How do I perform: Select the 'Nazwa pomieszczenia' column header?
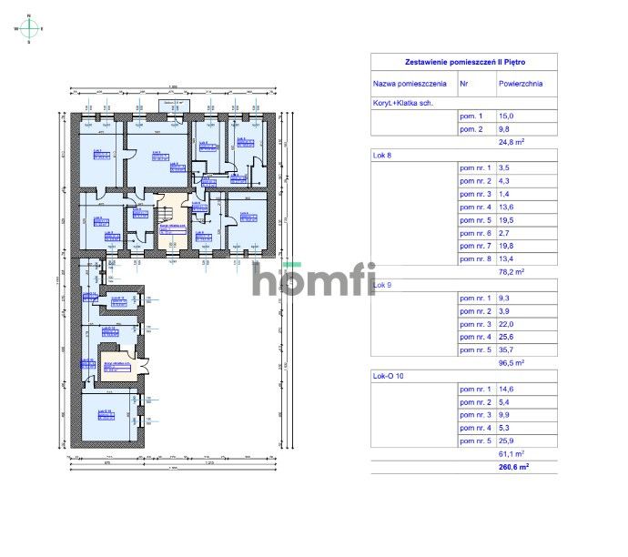pos(410,83)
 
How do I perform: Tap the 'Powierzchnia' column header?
pos(521,83)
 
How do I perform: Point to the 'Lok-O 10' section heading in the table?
pos(388,376)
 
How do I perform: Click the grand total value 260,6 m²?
pos(514,467)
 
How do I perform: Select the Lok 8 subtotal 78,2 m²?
pos(514,272)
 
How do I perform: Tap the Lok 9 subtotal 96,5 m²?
pos(514,362)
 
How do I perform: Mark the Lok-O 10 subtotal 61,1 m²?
pos(514,453)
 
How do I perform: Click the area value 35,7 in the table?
pos(507,349)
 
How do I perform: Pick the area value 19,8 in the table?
pos(507,246)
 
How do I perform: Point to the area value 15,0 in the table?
pos(507,116)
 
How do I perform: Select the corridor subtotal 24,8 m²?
pos(514,142)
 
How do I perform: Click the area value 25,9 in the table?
pos(507,441)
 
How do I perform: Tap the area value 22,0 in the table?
pos(507,324)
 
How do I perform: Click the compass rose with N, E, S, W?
pos(29,29)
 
